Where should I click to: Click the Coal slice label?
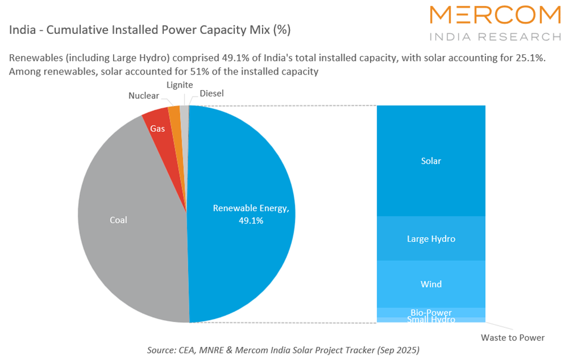tap(118, 220)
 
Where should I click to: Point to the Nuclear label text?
tap(144, 95)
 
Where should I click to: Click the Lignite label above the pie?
tap(179, 85)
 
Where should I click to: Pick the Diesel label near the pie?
tap(211, 94)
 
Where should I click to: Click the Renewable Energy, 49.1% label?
tap(251, 214)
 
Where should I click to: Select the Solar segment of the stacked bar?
tap(431, 161)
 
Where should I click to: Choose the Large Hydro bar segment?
tap(431, 238)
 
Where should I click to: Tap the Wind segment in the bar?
tap(431, 284)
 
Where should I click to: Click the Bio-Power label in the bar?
tap(431, 312)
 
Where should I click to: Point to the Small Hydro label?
tap(431, 320)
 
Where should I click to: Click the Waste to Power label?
tap(512, 337)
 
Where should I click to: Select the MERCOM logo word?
tap(494, 16)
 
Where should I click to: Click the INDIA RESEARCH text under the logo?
tap(494, 36)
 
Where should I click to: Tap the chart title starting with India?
tap(150, 29)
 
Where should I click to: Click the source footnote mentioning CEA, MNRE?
tap(283, 350)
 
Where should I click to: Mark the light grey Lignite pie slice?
tap(184, 111)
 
